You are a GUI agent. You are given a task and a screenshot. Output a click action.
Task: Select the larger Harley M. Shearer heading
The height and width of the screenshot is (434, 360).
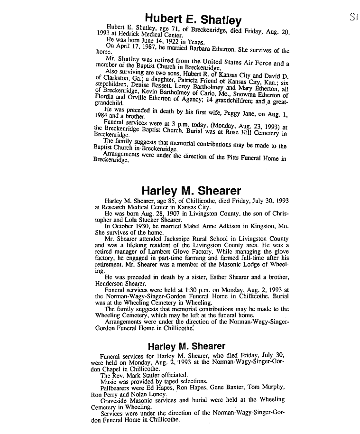coord(191,192)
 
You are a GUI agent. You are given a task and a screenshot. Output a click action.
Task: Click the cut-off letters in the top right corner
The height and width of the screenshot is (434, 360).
coord(351,18)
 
